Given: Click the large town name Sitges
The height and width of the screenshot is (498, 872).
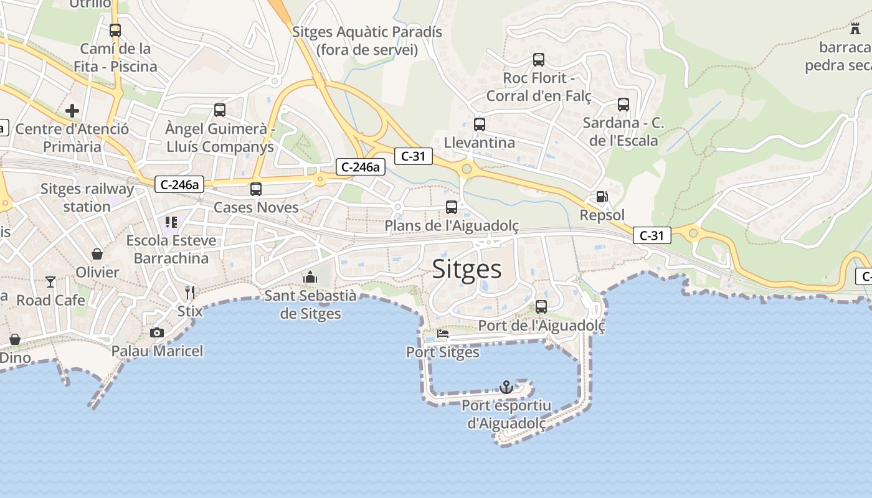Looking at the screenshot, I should [x=467, y=269].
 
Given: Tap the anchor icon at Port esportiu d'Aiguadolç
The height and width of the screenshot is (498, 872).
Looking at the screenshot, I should [x=506, y=387].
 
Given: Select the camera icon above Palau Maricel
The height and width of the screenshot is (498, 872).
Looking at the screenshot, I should [x=157, y=333].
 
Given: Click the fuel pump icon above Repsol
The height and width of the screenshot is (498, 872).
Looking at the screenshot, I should [x=602, y=197].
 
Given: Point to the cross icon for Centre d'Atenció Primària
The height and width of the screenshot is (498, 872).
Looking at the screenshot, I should [x=72, y=111].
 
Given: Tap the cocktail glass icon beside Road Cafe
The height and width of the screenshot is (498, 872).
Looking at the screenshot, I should [x=50, y=282].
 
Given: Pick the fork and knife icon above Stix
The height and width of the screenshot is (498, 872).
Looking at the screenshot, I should [x=190, y=292].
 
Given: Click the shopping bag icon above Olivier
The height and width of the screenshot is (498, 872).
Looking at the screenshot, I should [x=97, y=254].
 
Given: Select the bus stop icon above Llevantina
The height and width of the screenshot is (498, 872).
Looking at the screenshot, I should [x=479, y=125].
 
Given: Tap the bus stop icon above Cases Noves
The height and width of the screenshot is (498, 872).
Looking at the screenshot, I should [x=255, y=189].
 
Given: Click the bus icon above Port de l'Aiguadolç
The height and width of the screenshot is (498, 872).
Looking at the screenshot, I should [x=541, y=307].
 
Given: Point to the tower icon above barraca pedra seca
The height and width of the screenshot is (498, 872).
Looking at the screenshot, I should [x=855, y=28].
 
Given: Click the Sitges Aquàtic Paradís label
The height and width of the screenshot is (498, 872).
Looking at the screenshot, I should [x=367, y=40].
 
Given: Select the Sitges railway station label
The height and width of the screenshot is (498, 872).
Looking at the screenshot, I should [x=87, y=197].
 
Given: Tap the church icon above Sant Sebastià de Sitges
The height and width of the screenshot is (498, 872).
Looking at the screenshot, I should [x=310, y=277].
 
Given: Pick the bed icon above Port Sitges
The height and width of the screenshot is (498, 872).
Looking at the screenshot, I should [x=443, y=334].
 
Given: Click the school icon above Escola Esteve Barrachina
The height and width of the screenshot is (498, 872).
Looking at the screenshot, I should [x=171, y=222].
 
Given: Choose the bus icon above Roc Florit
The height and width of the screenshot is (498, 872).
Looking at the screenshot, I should [x=538, y=60].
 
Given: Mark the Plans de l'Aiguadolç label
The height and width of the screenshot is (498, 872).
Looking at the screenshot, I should [x=452, y=225].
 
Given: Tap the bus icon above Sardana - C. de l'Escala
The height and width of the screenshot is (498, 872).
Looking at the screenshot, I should [x=623, y=105].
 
